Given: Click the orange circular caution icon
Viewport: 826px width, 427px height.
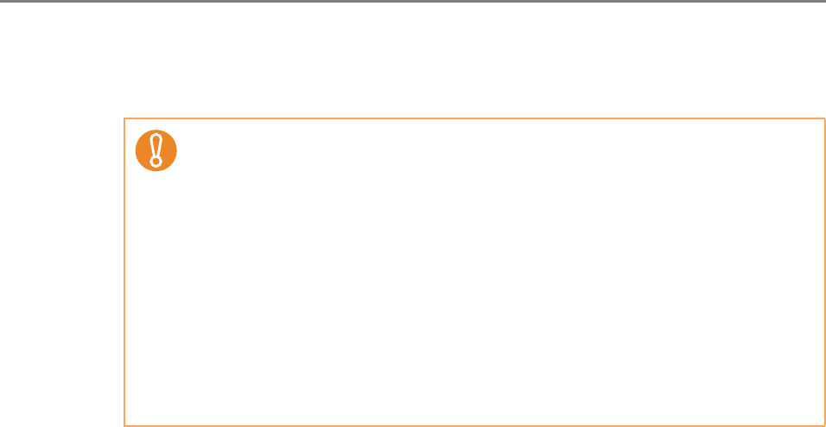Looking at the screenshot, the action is [x=156, y=151].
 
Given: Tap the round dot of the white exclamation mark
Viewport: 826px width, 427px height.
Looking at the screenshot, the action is [x=156, y=162].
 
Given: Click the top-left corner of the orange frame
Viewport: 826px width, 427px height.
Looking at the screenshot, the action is [x=124, y=119].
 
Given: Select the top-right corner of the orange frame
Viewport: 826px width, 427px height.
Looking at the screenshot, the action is [x=824, y=119].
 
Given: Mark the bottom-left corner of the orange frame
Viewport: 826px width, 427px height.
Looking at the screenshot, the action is [x=124, y=425].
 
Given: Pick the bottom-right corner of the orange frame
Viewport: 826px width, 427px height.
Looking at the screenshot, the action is [x=824, y=425].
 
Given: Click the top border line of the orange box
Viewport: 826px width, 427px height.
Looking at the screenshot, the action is [x=474, y=119].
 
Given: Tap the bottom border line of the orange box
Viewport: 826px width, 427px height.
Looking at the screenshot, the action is [x=474, y=425].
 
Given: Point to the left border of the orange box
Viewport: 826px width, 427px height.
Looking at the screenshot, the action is [x=124, y=272].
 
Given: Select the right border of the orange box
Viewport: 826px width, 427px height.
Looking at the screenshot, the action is [x=824, y=272].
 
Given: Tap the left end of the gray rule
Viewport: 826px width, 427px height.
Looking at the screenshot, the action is [x=2, y=2].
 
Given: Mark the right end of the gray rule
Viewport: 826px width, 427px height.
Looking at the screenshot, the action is [x=823, y=2].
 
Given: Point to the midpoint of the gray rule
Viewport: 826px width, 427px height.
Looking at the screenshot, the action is [x=413, y=2].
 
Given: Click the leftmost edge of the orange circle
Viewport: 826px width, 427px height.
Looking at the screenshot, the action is [x=137, y=151].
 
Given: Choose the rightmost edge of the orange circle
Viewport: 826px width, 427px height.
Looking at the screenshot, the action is [x=176, y=151].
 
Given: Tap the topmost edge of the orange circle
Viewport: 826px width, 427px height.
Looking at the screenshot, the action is [x=156, y=131].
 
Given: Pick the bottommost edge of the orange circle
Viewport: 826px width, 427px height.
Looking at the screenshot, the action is [x=156, y=171].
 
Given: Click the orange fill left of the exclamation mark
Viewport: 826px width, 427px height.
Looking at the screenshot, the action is [x=144, y=151].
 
